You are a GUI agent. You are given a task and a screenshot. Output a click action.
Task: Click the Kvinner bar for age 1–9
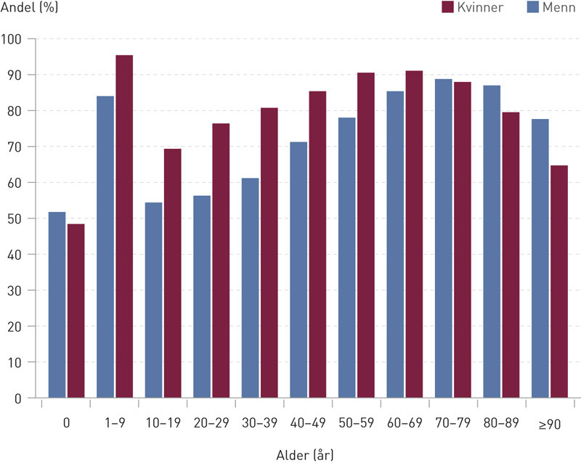pyautogui.click(x=124, y=226)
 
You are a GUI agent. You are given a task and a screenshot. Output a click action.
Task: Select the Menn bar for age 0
pyautogui.click(x=57, y=305)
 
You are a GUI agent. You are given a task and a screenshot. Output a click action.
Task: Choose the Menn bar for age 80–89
pyautogui.click(x=492, y=242)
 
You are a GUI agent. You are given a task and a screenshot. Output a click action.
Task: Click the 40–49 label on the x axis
pyautogui.click(x=308, y=423)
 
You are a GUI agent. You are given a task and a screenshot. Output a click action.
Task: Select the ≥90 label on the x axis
pyautogui.click(x=550, y=423)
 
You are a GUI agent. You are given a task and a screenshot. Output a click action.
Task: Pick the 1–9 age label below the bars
pyautogui.click(x=115, y=423)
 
